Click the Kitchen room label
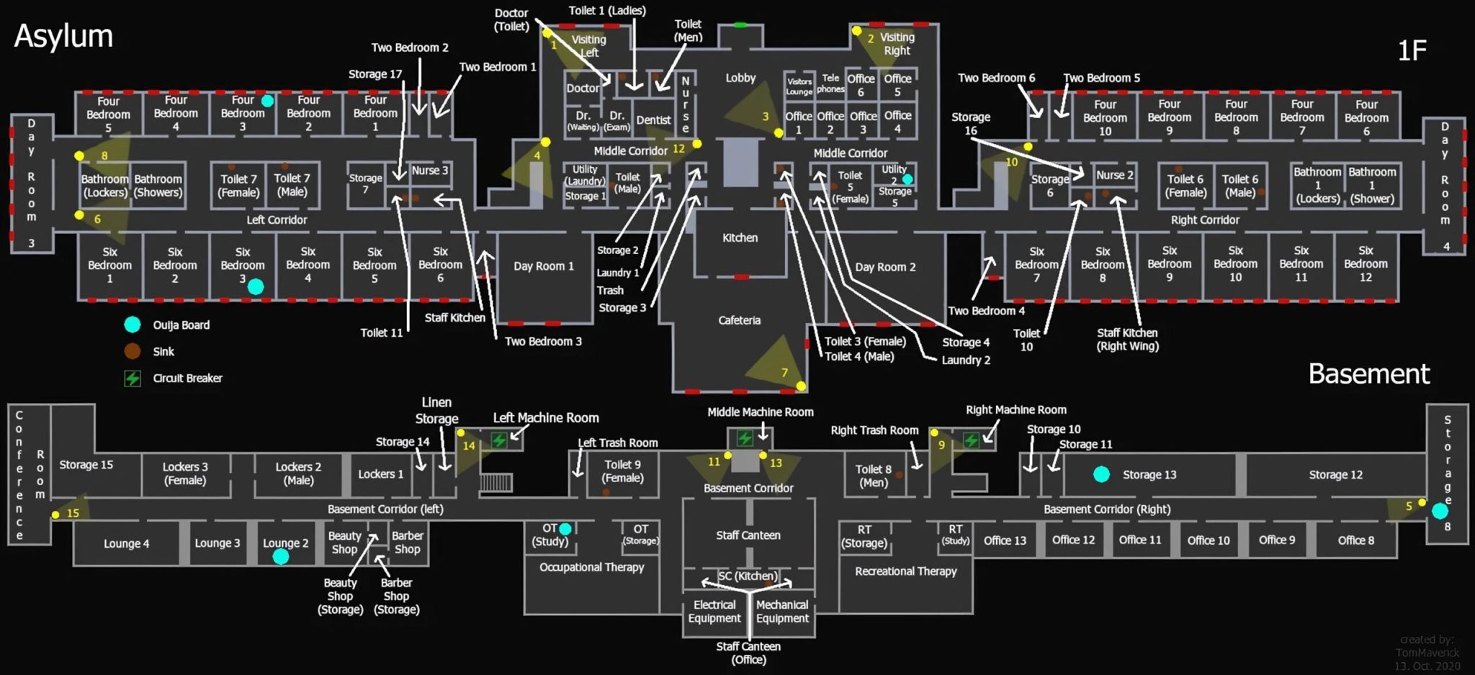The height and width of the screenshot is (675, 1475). click(x=740, y=237)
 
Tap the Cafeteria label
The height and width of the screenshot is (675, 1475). click(x=739, y=320)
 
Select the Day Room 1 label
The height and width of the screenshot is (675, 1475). click(x=544, y=266)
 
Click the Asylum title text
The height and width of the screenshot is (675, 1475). click(x=63, y=36)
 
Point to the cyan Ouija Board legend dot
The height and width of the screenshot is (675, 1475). click(x=133, y=325)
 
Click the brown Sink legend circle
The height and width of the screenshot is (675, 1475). click(x=133, y=351)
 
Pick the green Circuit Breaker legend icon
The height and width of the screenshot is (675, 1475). click(x=133, y=379)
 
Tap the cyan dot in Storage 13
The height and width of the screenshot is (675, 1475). click(x=1101, y=474)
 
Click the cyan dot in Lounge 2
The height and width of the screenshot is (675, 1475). click(x=281, y=557)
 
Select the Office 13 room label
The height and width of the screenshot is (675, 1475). click(x=1005, y=540)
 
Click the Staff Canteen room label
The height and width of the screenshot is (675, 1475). click(x=748, y=535)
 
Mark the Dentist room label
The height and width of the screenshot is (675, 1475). click(x=653, y=120)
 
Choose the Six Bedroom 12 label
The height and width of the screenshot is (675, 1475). click(x=1366, y=263)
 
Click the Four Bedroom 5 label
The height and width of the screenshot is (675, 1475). click(x=108, y=114)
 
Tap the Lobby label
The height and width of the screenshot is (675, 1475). click(x=740, y=78)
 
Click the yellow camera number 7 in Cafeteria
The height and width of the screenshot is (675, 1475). click(x=784, y=373)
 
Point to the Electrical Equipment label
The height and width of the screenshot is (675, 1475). click(x=714, y=612)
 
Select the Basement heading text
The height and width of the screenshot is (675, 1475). click(x=1368, y=373)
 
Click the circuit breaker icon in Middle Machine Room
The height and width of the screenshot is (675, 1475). click(x=745, y=438)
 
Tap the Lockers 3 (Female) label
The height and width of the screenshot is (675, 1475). click(x=185, y=474)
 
